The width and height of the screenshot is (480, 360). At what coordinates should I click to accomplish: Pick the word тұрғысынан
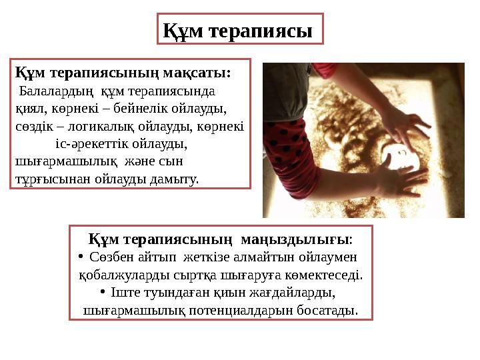47,179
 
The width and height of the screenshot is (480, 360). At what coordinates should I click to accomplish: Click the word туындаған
177,293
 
